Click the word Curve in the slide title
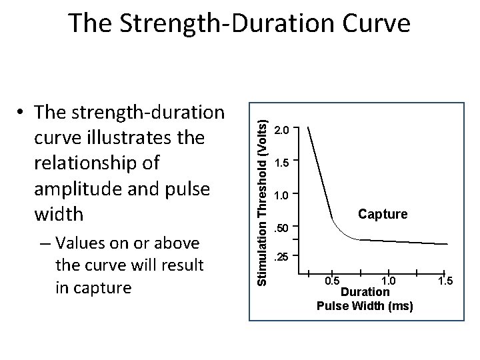[373, 23]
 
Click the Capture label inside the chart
[383, 214]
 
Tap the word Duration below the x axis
[365, 292]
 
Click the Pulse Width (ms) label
[365, 306]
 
